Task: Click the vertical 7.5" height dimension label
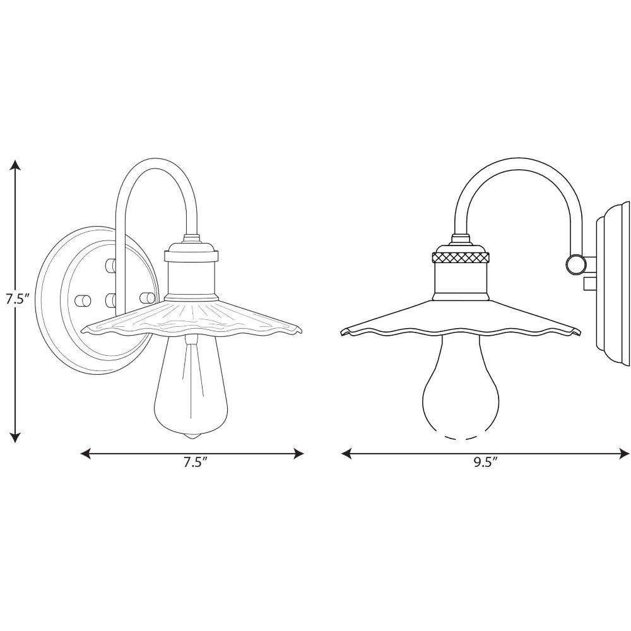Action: pos(15,299)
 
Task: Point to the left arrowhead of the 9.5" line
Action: pos(346,454)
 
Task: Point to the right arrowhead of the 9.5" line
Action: pos(625,454)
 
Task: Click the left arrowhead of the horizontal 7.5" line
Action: pos(86,454)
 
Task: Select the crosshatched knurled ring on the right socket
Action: pos(461,257)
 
